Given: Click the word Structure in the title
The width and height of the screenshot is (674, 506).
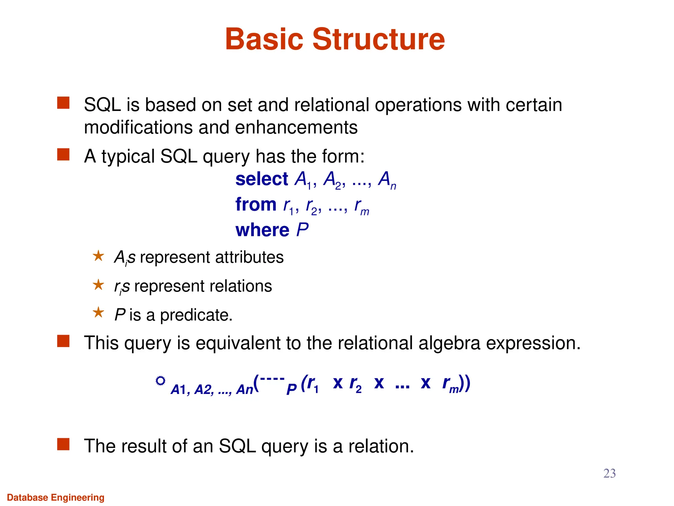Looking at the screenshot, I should pos(378,39).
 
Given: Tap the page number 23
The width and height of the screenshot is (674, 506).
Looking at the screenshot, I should pos(609,473).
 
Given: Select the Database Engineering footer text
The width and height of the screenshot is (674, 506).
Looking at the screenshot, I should pos(56,497).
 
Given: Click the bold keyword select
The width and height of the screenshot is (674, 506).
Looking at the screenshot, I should pos(262,179).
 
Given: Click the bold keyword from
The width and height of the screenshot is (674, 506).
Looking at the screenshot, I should pos(256,205).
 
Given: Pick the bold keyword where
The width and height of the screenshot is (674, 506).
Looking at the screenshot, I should pos(262,230).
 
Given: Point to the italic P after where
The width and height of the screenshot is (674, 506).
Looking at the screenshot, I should pos(302,230).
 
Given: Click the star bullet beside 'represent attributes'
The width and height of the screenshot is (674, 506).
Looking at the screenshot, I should pos(98,256).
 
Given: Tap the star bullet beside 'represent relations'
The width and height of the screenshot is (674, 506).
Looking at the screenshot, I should pos(98,285).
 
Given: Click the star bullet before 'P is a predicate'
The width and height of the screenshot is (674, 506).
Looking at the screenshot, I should pos(98,313).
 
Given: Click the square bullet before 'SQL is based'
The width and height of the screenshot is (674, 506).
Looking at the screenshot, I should pos(63,103).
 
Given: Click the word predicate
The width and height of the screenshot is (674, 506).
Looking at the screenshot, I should pos(196,315).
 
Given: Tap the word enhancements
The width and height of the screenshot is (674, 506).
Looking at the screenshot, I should pos(296,127).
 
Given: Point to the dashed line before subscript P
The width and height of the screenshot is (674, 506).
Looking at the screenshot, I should pos(272,379).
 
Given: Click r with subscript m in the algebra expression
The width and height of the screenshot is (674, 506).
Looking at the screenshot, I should pos(450,384).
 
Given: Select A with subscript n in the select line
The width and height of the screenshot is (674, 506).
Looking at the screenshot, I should pos(387,181).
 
